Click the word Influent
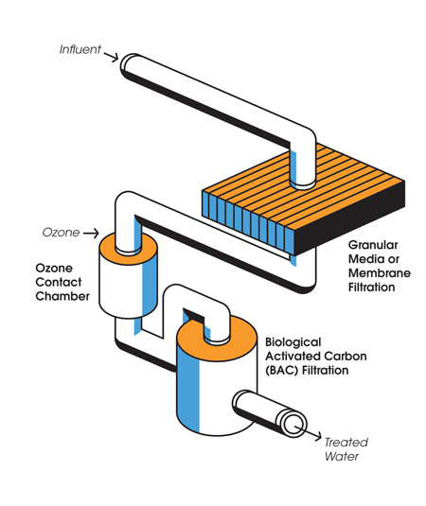80,49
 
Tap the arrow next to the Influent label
111,53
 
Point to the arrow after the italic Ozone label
90,232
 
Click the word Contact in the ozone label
59,282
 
